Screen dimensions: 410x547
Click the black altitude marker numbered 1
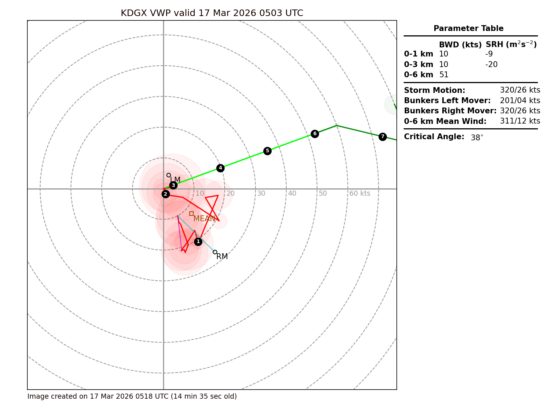pyautogui.click(x=198, y=242)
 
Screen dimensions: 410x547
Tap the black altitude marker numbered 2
pyautogui.click(x=166, y=194)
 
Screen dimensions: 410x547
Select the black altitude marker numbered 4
pyautogui.click(x=220, y=168)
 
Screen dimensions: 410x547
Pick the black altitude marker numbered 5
pyautogui.click(x=267, y=151)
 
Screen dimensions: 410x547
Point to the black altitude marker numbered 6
pyautogui.click(x=315, y=134)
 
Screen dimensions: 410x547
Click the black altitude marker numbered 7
pyautogui.click(x=383, y=137)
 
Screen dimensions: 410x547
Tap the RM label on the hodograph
pyautogui.click(x=222, y=257)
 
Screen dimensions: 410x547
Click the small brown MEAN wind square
pyautogui.click(x=191, y=214)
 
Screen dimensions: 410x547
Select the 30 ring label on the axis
pyautogui.click(x=261, y=194)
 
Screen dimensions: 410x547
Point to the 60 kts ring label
pyautogui.click(x=360, y=194)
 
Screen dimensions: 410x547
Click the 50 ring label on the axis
pyautogui.click(x=323, y=194)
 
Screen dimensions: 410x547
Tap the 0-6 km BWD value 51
pyautogui.click(x=444, y=75)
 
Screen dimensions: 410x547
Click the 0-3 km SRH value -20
pyautogui.click(x=491, y=65)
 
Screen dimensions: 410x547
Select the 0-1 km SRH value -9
pyautogui.click(x=489, y=54)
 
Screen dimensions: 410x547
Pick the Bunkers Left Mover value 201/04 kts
pyautogui.click(x=520, y=101)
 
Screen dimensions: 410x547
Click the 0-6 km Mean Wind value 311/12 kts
pyautogui.click(x=520, y=121)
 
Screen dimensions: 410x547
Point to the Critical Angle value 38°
pyautogui.click(x=477, y=138)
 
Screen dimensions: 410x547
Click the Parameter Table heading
pyautogui.click(x=468, y=28)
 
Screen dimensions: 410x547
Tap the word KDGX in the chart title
pyautogui.click(x=134, y=13)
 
